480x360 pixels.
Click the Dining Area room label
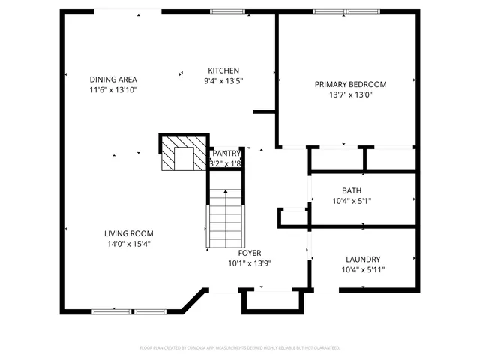pyautogui.click(x=113, y=79)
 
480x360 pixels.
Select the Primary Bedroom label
pyautogui.click(x=350, y=84)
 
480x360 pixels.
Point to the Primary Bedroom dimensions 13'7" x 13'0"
pyautogui.click(x=350, y=94)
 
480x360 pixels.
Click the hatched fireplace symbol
pyautogui.click(x=183, y=154)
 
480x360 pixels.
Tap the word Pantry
pyautogui.click(x=226, y=154)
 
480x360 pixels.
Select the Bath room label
pyautogui.click(x=351, y=190)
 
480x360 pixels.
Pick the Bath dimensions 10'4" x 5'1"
pyautogui.click(x=351, y=201)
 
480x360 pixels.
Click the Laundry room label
pyautogui.click(x=363, y=259)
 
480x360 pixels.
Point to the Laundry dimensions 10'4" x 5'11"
pyautogui.click(x=363, y=269)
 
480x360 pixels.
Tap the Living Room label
pyautogui.click(x=129, y=233)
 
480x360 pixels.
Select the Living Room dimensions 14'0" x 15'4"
pyautogui.click(x=129, y=244)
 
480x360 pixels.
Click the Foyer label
pyautogui.click(x=250, y=253)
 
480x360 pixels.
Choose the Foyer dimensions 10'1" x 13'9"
pyautogui.click(x=250, y=263)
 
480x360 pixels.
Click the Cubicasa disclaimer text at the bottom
pyautogui.click(x=240, y=348)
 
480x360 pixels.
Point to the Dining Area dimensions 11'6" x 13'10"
pyautogui.click(x=113, y=90)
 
